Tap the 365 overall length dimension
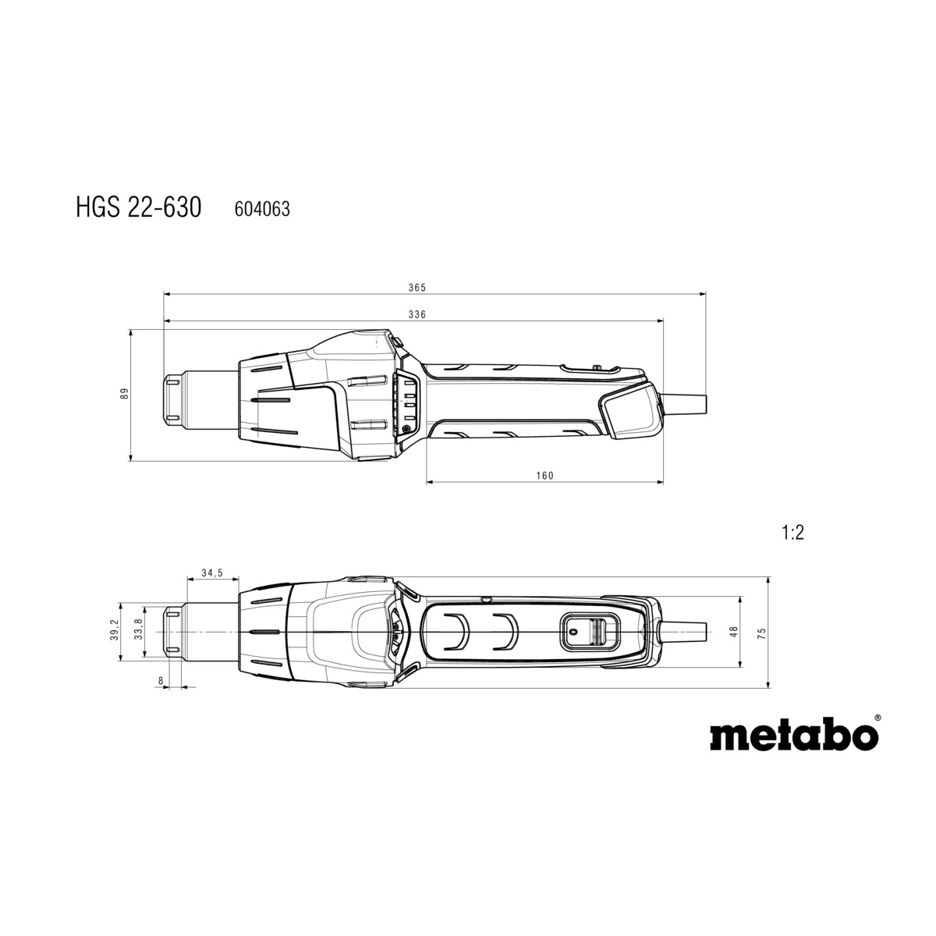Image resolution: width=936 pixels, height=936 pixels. [x=417, y=288]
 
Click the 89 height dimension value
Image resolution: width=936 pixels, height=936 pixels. [x=123, y=395]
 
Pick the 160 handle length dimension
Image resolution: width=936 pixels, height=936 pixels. [x=545, y=476]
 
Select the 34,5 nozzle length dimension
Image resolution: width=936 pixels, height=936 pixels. [x=211, y=573]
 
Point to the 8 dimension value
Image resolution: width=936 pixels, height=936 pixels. [x=161, y=681]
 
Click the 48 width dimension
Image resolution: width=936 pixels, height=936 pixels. [x=733, y=633]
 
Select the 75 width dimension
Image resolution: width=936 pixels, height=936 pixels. [x=762, y=633]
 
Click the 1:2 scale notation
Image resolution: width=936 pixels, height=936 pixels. [x=792, y=534]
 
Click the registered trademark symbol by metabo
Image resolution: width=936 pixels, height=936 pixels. [x=877, y=718]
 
